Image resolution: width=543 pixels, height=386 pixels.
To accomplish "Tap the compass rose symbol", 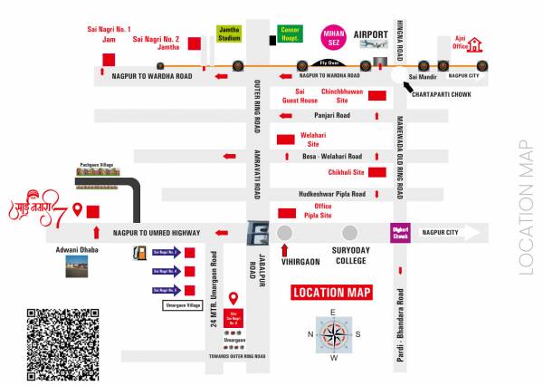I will coord(333,335).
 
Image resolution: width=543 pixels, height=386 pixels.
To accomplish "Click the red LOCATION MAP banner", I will coord(332,293).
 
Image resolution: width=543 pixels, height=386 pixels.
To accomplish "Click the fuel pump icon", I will coord(139,253).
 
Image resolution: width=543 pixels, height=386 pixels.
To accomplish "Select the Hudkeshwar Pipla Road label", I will coord(331,194).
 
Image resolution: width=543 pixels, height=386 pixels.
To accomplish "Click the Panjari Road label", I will coord(331,116).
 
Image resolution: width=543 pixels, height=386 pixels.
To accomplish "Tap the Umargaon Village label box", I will coord(180,306).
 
